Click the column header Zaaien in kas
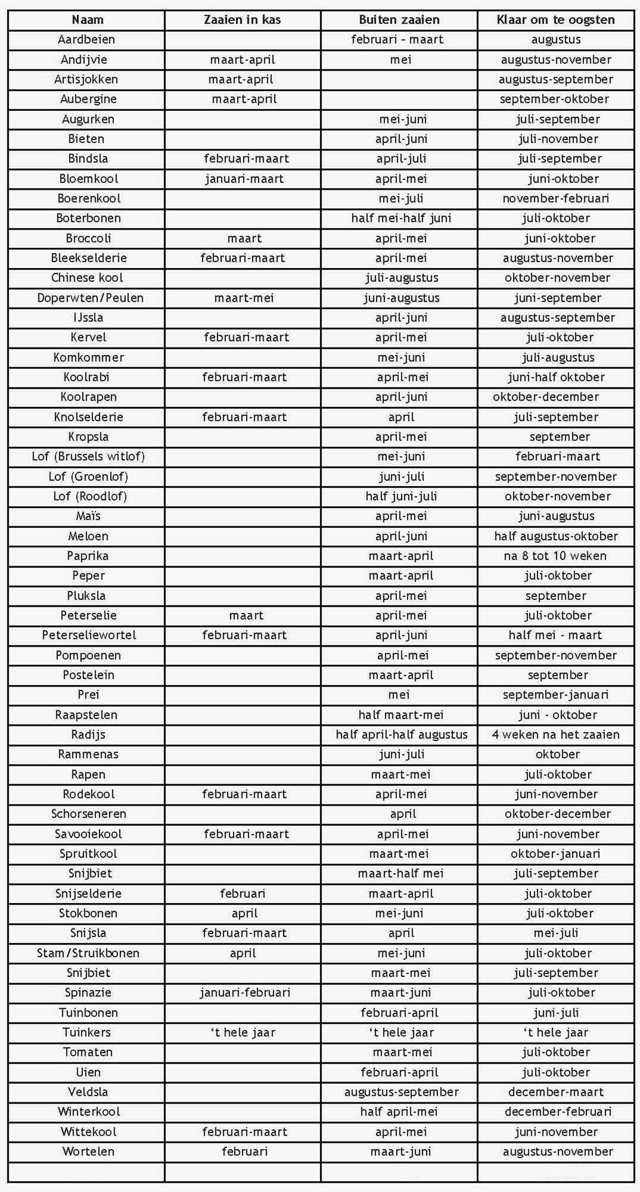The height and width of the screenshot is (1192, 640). click(242, 20)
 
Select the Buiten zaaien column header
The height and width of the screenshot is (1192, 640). click(399, 20)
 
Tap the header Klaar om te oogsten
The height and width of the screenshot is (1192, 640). click(556, 20)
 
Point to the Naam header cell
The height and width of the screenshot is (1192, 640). click(87, 20)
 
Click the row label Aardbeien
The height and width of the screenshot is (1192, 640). click(86, 40)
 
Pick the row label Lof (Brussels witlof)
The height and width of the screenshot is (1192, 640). click(88, 457)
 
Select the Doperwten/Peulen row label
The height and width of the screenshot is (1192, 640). click(90, 298)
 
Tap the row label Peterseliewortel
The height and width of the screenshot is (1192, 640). click(89, 635)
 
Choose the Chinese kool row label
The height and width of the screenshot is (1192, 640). click(87, 278)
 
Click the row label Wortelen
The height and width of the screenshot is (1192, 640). click(88, 1152)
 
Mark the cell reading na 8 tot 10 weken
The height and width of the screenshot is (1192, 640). click(555, 556)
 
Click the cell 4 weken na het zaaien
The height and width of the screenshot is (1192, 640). click(556, 734)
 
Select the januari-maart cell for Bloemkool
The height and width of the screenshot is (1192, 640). click(244, 179)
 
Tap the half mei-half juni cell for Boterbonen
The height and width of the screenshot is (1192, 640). click(401, 218)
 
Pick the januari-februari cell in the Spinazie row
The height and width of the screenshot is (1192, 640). click(245, 992)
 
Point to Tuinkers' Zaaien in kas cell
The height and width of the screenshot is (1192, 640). click(243, 1032)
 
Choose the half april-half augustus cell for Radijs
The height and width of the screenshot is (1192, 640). click(401, 734)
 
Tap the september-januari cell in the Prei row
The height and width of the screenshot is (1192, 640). click(556, 695)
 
